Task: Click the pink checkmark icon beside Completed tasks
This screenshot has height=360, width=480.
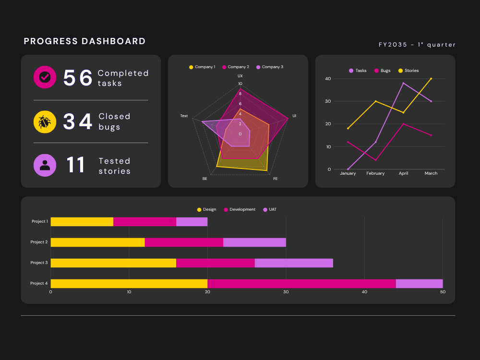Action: pos(45,77)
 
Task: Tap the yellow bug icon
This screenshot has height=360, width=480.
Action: pos(45,122)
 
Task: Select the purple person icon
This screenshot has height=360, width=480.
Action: pos(45,165)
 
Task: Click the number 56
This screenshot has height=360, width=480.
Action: pos(78,77)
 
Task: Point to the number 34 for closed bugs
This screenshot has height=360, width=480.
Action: pos(78,121)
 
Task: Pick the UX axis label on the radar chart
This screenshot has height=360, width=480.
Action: pos(240,76)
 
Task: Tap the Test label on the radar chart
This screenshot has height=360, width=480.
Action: pos(184,116)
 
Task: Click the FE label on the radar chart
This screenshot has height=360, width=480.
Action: pos(275,179)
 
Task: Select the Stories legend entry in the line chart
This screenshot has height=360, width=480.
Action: pos(408,71)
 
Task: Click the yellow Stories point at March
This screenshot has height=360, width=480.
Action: pos(431,79)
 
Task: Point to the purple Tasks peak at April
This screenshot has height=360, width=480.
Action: pos(403,83)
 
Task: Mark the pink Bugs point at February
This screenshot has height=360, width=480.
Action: pos(376,160)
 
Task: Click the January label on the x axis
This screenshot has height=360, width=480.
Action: pos(348,173)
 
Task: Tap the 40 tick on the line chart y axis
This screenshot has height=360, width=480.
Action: pos(328,79)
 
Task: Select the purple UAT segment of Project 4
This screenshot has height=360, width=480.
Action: pos(420,284)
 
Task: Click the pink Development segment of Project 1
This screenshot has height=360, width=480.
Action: pos(145,222)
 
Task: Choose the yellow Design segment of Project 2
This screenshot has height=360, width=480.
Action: pos(97,242)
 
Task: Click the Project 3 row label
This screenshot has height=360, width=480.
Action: pos(39,263)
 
